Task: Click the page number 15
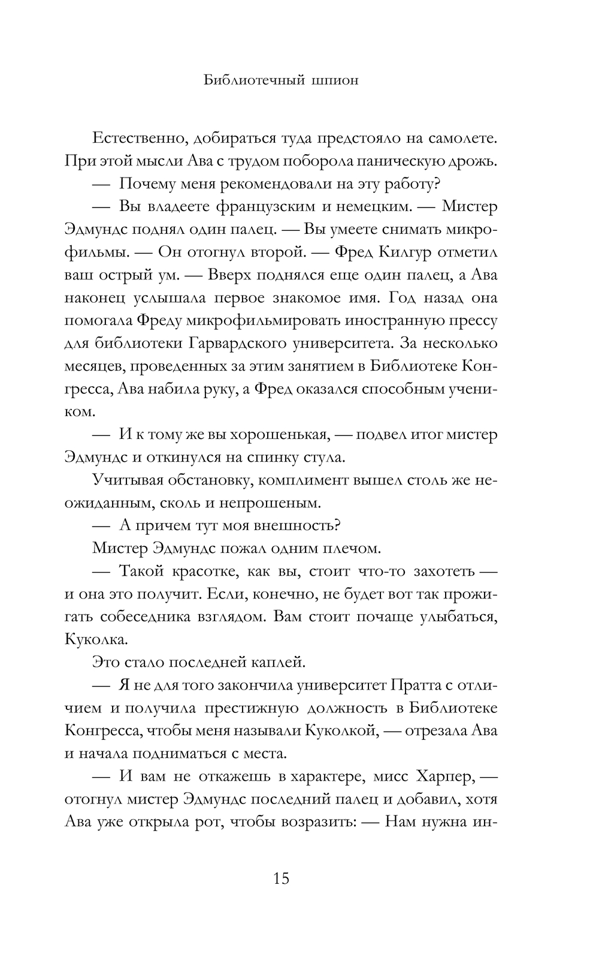point(281,879)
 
